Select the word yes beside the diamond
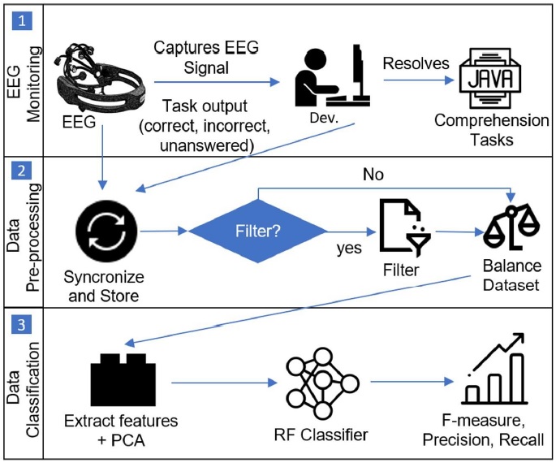(350, 249)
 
